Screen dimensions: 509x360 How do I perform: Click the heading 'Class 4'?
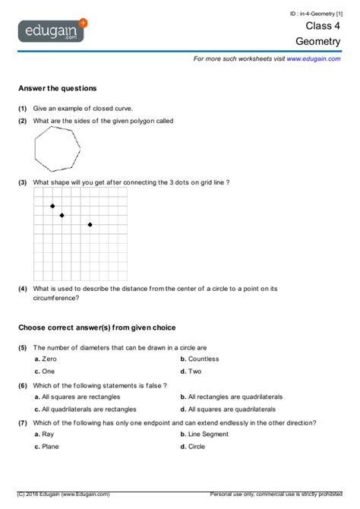[324, 25]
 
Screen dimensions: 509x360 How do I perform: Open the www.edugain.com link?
[313, 58]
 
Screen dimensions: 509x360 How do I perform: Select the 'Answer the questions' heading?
[57, 88]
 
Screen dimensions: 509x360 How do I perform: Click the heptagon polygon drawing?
[56, 150]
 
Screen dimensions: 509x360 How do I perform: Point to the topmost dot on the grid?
[52, 206]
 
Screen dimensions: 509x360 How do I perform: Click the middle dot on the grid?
[62, 215]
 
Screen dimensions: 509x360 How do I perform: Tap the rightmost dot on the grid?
[90, 224]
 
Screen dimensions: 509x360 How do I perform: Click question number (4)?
[23, 289]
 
